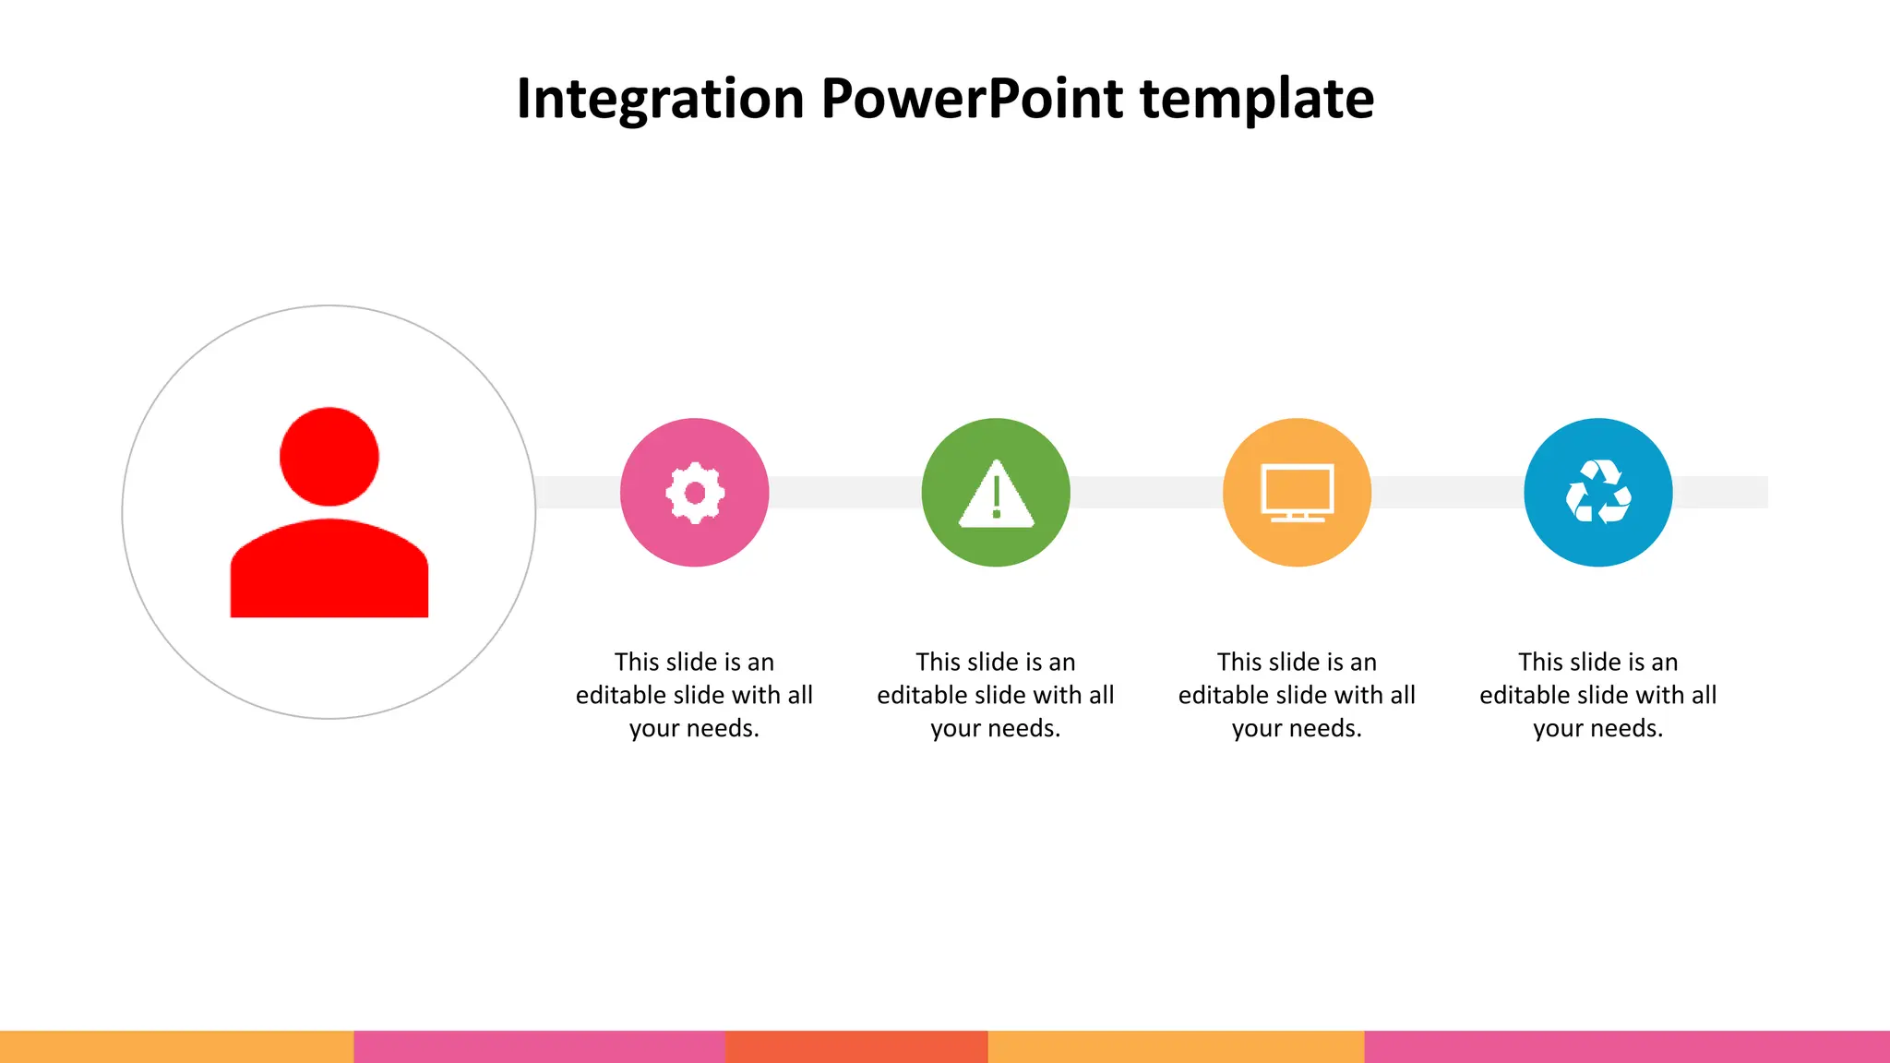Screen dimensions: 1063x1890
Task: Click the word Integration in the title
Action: coord(660,99)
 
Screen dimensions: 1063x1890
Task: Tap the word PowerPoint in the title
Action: coord(972,99)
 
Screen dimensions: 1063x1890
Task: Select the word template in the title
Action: coord(1257,99)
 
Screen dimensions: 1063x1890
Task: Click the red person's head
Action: coord(329,457)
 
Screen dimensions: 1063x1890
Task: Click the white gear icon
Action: coord(695,493)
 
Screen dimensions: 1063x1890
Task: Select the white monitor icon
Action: coord(1297,493)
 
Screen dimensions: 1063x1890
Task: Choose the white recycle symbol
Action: coord(1598,493)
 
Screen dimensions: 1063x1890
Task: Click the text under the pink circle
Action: coord(694,695)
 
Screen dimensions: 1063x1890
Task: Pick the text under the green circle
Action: coord(996,695)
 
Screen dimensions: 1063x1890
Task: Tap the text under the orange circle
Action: coord(1297,695)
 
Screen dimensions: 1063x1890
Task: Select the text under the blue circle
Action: coord(1598,695)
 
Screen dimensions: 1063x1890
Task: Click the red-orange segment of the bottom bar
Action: coord(856,1046)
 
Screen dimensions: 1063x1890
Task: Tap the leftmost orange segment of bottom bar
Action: coord(176,1046)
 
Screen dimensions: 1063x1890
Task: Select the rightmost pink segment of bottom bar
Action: coord(1626,1046)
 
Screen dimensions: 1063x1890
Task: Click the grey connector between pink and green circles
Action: coord(844,492)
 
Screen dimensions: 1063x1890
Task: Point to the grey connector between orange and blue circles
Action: coord(1447,492)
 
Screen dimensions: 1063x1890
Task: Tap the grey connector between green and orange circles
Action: coord(1146,492)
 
